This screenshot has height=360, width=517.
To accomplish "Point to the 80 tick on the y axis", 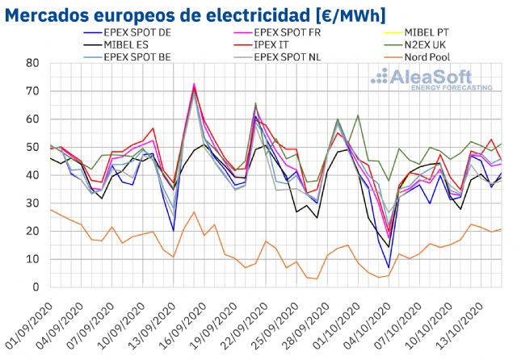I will [32, 64].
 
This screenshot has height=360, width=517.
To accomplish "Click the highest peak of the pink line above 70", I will [194, 84].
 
